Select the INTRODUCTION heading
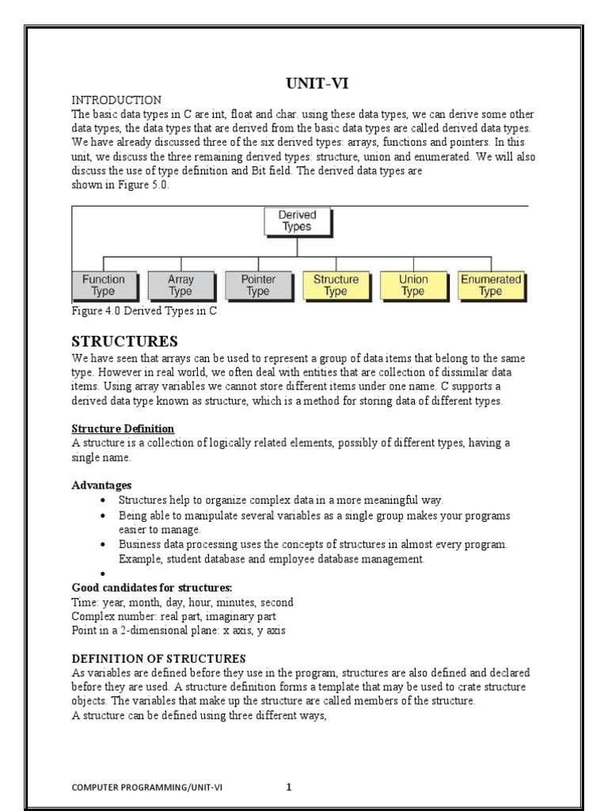coord(116,100)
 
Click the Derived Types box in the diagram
coord(297,221)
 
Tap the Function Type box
coord(104,285)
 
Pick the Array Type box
coord(180,285)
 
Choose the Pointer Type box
coord(258,285)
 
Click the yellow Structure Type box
coord(336,285)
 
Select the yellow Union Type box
coord(413,285)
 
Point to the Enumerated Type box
coord(491,285)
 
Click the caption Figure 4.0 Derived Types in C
coord(144,311)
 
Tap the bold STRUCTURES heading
coord(125,341)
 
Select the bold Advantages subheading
coord(101,485)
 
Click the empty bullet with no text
coord(104,573)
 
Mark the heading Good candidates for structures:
coord(152,587)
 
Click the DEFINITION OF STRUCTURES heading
coord(158,658)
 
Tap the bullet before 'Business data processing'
coord(104,545)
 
